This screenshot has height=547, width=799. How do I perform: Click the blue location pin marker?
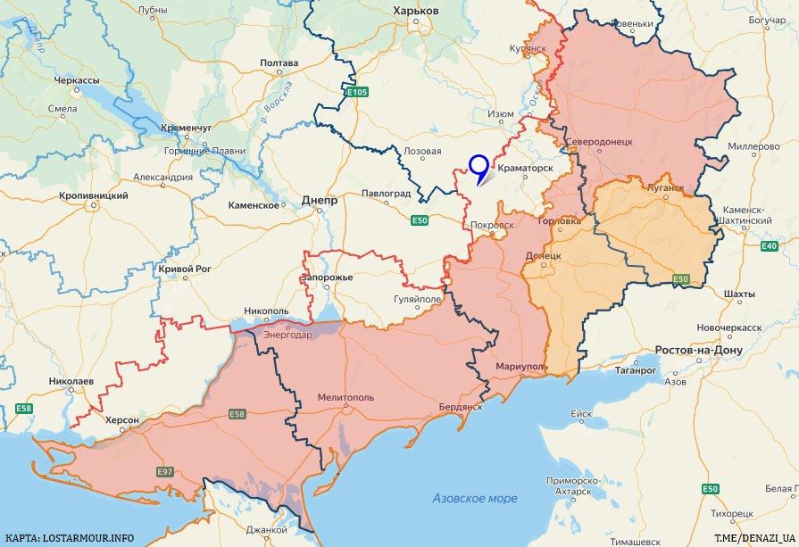(479, 166)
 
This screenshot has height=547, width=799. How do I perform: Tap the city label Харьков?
(416, 11)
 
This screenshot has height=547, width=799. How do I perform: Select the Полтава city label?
(278, 63)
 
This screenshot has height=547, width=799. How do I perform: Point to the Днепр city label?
(320, 201)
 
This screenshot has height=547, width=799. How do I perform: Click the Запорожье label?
(328, 278)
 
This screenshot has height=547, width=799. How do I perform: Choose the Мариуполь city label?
(522, 367)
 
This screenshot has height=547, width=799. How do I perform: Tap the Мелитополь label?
(345, 397)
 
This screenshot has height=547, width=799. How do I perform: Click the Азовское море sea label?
(473, 498)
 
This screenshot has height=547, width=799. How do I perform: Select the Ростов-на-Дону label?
(698, 350)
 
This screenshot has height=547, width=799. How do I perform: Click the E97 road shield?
(165, 471)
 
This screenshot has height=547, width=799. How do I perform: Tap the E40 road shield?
(769, 245)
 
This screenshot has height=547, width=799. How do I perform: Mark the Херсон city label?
(121, 419)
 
